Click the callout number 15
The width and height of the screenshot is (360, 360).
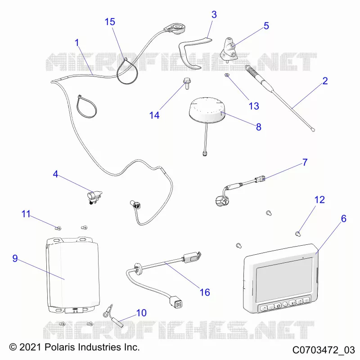[110, 22]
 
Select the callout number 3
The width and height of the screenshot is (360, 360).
[214, 14]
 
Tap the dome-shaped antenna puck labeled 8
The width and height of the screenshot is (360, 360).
[207, 109]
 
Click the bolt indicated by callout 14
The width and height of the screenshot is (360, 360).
[186, 84]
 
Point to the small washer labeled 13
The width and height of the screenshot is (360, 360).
[227, 75]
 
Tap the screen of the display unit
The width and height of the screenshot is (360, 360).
[284, 280]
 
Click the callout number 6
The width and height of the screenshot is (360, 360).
[343, 219]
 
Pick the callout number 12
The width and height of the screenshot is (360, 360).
[319, 200]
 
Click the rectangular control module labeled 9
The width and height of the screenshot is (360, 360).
[73, 275]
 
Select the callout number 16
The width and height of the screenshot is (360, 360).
[205, 292]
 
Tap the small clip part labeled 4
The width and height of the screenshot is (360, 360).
[94, 197]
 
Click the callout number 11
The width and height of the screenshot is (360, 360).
[26, 214]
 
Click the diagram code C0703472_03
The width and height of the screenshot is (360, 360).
[324, 350]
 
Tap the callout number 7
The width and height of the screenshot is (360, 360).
[305, 162]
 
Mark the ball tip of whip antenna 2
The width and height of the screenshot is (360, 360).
[313, 130]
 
